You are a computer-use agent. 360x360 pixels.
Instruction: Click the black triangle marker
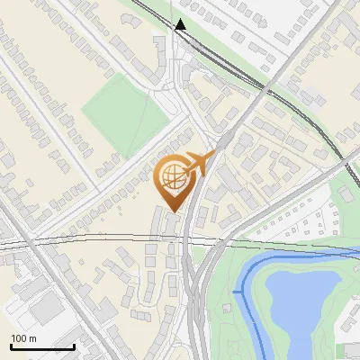click(181, 24)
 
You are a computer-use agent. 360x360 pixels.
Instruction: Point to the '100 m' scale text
click(24, 338)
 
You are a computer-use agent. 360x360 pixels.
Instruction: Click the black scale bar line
click(42, 346)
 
